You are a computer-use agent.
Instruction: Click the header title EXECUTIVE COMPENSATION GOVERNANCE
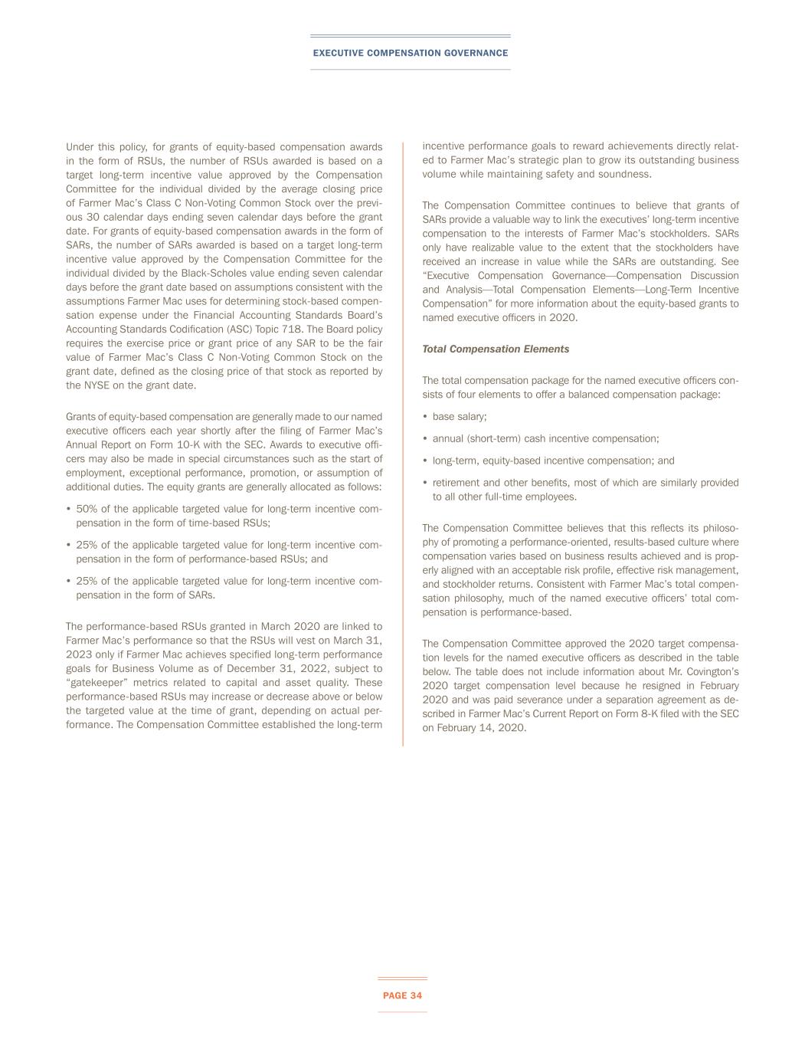coord(410,53)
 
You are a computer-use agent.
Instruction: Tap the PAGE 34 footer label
coord(402,995)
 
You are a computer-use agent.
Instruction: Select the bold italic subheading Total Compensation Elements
coord(496,349)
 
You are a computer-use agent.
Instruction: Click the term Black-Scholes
coord(211,273)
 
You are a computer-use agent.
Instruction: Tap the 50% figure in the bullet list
coord(87,509)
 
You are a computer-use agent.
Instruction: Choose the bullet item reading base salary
coord(460,416)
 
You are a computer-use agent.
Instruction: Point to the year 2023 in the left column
coord(79,654)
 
